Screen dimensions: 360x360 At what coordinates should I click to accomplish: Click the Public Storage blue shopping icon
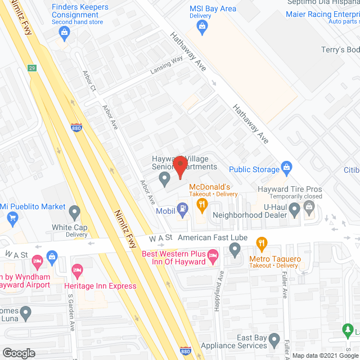tap(287, 168)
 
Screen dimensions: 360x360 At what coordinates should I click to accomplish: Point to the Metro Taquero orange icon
tap(262, 244)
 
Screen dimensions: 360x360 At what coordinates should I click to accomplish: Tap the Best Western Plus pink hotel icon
tap(213, 258)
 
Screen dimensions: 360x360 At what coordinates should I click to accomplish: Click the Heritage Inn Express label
tap(103, 286)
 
